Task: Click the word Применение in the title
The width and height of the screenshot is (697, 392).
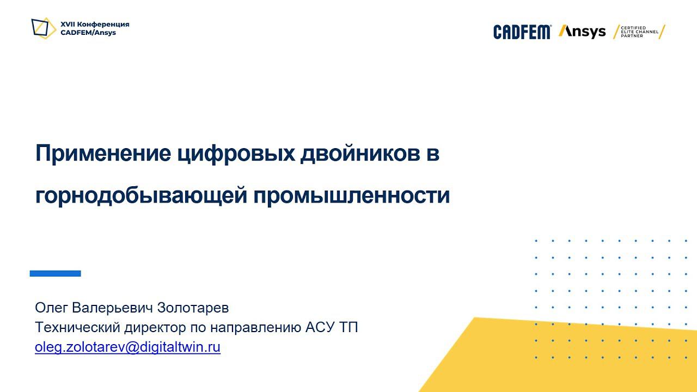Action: pos(103,154)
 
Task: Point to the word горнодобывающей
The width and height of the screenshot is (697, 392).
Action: pos(140,195)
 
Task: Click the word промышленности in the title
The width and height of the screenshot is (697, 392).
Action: pos(352,195)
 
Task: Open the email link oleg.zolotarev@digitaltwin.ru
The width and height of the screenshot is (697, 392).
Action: pos(127,347)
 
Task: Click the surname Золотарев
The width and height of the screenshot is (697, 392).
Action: pos(193,308)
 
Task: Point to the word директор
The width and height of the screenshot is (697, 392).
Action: pos(155,328)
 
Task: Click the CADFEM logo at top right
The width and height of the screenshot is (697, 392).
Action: pos(522,32)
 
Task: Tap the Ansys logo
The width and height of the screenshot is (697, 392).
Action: pos(582,32)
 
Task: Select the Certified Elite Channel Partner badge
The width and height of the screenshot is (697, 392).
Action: pos(639,32)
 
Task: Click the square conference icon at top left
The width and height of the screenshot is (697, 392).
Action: pos(44,28)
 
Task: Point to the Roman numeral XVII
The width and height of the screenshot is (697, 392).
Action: pos(68,24)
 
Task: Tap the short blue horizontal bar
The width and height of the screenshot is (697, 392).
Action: pos(55,273)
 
